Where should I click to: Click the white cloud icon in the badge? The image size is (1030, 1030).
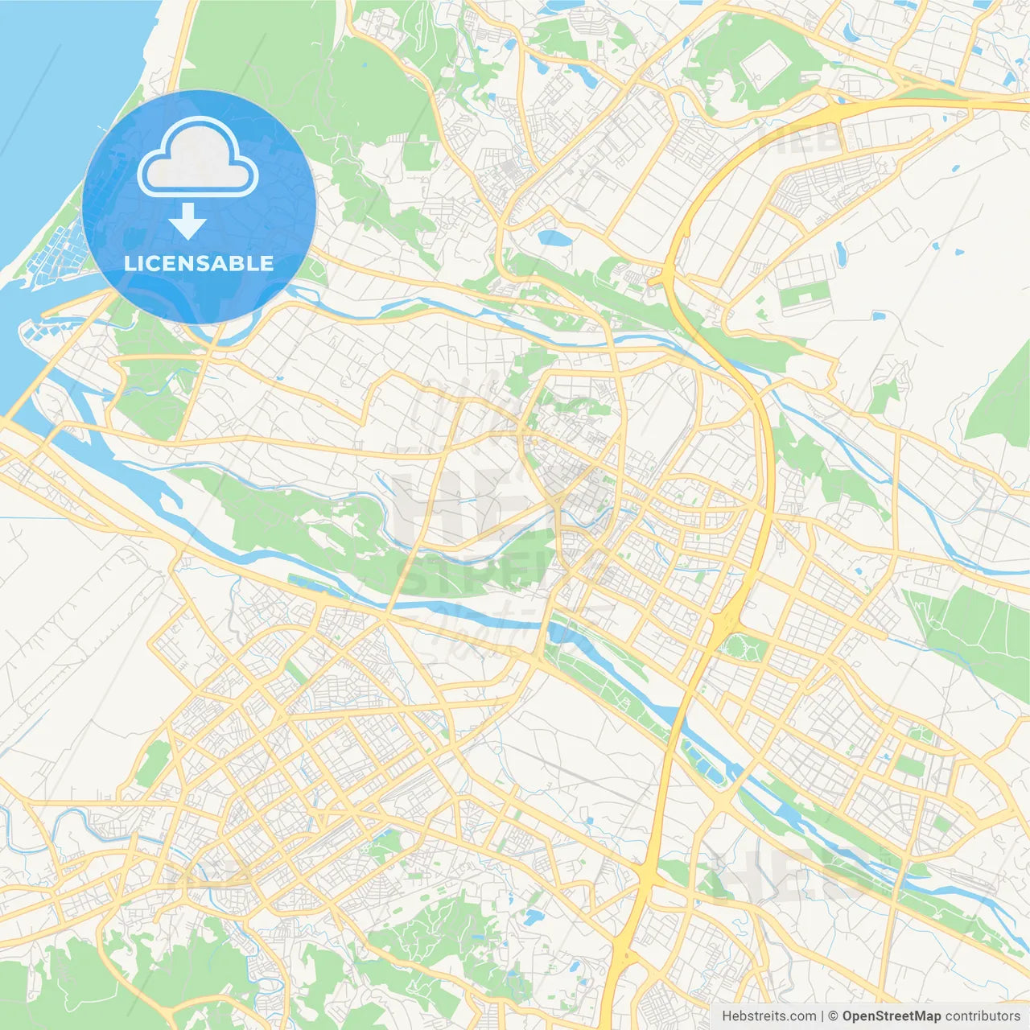(197, 158)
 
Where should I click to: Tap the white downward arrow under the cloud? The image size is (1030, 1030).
(187, 221)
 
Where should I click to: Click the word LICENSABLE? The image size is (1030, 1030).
(199, 263)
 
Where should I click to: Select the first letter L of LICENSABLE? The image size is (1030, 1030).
(130, 263)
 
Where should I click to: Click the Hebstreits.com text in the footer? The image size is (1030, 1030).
(768, 1016)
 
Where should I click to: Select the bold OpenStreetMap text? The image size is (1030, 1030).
(892, 1016)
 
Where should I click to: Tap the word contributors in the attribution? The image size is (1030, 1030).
(983, 1016)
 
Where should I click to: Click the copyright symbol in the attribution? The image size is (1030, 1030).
(834, 1016)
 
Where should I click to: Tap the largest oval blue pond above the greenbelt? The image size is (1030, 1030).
(554, 238)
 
